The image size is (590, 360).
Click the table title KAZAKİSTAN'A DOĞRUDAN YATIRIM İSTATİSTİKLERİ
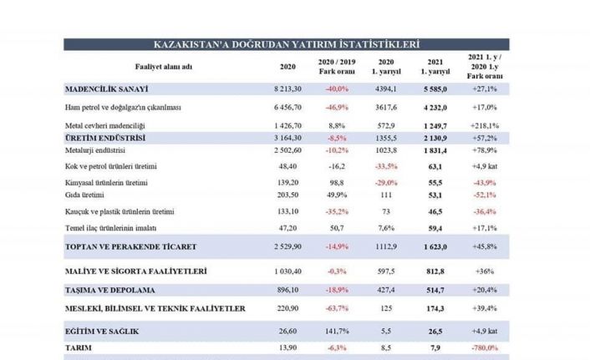coord(287,44)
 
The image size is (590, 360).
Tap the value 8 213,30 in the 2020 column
coord(286,88)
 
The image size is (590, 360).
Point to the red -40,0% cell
coord(338,88)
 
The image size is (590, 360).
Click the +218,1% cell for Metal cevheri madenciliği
coord(486,124)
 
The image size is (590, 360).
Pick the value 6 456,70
coord(286,107)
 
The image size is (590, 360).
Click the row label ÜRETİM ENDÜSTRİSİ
coord(105,136)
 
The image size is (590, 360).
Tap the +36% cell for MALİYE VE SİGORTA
coord(486,271)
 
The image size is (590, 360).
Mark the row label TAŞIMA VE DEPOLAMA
coord(114,291)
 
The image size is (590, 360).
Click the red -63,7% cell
coord(338,309)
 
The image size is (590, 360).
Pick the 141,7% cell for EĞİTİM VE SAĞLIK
coord(338,331)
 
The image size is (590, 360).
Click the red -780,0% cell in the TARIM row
coord(486,346)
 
